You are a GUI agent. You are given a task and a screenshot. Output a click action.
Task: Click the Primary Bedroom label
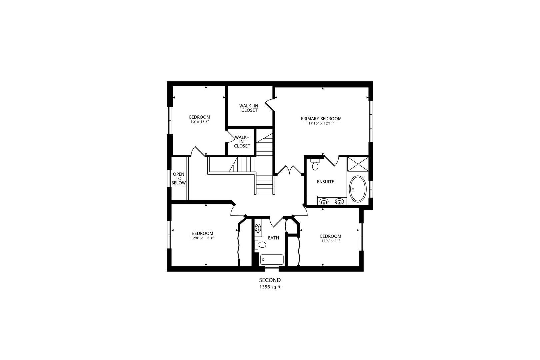(x=321, y=119)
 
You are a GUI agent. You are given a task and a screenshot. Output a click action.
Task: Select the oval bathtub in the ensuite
(x=358, y=189)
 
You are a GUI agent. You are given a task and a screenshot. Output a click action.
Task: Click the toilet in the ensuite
(x=315, y=164)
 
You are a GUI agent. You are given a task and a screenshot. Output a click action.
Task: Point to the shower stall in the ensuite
(x=358, y=164)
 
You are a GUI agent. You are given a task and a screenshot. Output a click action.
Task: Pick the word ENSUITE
(x=325, y=182)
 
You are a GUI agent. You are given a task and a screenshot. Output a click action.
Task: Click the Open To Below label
(x=178, y=179)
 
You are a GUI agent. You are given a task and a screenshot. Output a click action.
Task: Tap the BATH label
(x=273, y=238)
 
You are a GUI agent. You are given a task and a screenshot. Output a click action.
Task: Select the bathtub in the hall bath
(x=272, y=259)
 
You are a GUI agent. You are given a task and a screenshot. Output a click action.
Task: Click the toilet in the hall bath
(x=261, y=245)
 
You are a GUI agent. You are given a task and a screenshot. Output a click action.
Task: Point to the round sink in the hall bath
(x=258, y=228)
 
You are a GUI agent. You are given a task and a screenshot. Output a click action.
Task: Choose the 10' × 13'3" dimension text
(x=199, y=122)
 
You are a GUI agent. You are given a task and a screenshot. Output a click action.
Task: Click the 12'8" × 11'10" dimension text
(x=202, y=238)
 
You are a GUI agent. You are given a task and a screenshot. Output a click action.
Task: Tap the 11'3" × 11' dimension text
(x=331, y=241)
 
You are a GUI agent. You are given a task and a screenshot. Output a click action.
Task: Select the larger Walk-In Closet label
(x=249, y=108)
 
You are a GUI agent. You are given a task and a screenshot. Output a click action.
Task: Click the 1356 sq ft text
(x=270, y=287)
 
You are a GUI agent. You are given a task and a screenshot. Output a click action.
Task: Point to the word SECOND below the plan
(x=270, y=280)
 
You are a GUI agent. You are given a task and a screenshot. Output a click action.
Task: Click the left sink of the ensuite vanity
(x=324, y=201)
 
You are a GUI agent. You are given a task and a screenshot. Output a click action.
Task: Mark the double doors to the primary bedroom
(x=289, y=170)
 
